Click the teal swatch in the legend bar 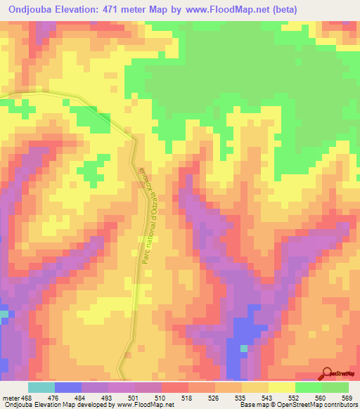[41, 387]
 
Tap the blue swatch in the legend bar [68, 387]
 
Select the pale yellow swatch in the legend [282, 387]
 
